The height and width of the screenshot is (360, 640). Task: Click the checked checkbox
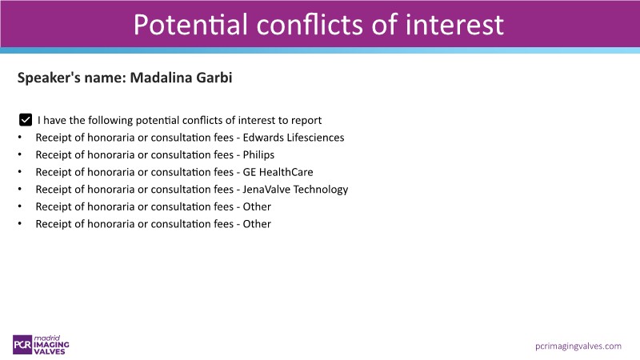point(26,120)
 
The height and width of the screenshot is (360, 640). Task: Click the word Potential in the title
point(190,25)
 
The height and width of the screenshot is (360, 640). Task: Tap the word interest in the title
point(454,25)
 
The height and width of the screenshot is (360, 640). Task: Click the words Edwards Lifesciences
point(294,138)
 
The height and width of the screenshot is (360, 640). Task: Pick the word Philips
point(258,155)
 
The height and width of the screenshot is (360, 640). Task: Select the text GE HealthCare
point(278,172)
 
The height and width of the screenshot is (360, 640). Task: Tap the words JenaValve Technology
point(295,190)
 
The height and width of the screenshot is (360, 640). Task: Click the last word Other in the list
point(257,224)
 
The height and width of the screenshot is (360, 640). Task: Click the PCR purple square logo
point(22,345)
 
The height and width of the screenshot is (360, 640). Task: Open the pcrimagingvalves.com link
point(578,346)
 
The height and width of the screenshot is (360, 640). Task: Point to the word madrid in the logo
point(47,338)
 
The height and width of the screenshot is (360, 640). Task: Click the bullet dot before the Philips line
point(19,155)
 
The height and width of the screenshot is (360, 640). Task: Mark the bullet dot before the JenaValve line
point(19,190)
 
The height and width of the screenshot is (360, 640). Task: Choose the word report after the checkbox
point(306,121)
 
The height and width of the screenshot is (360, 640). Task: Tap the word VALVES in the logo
point(50,351)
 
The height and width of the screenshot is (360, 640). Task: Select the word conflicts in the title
point(310,25)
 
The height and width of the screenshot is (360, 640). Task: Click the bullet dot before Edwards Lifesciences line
point(19,138)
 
